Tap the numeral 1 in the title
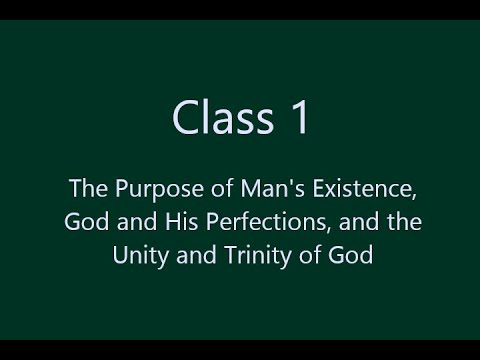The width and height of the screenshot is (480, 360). pyautogui.click(x=293, y=119)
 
